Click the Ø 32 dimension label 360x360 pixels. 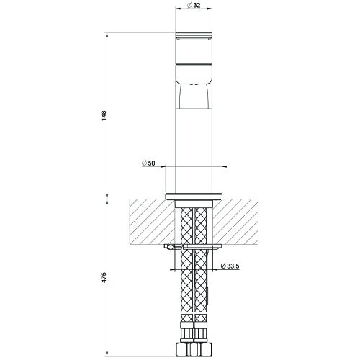194,5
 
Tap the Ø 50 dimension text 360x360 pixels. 148,163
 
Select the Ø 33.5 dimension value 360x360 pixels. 230,266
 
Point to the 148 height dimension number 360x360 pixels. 104,115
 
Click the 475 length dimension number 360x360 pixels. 104,277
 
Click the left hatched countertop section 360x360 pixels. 153,222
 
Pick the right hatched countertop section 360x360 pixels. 235,222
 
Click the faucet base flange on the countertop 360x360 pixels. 194,196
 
